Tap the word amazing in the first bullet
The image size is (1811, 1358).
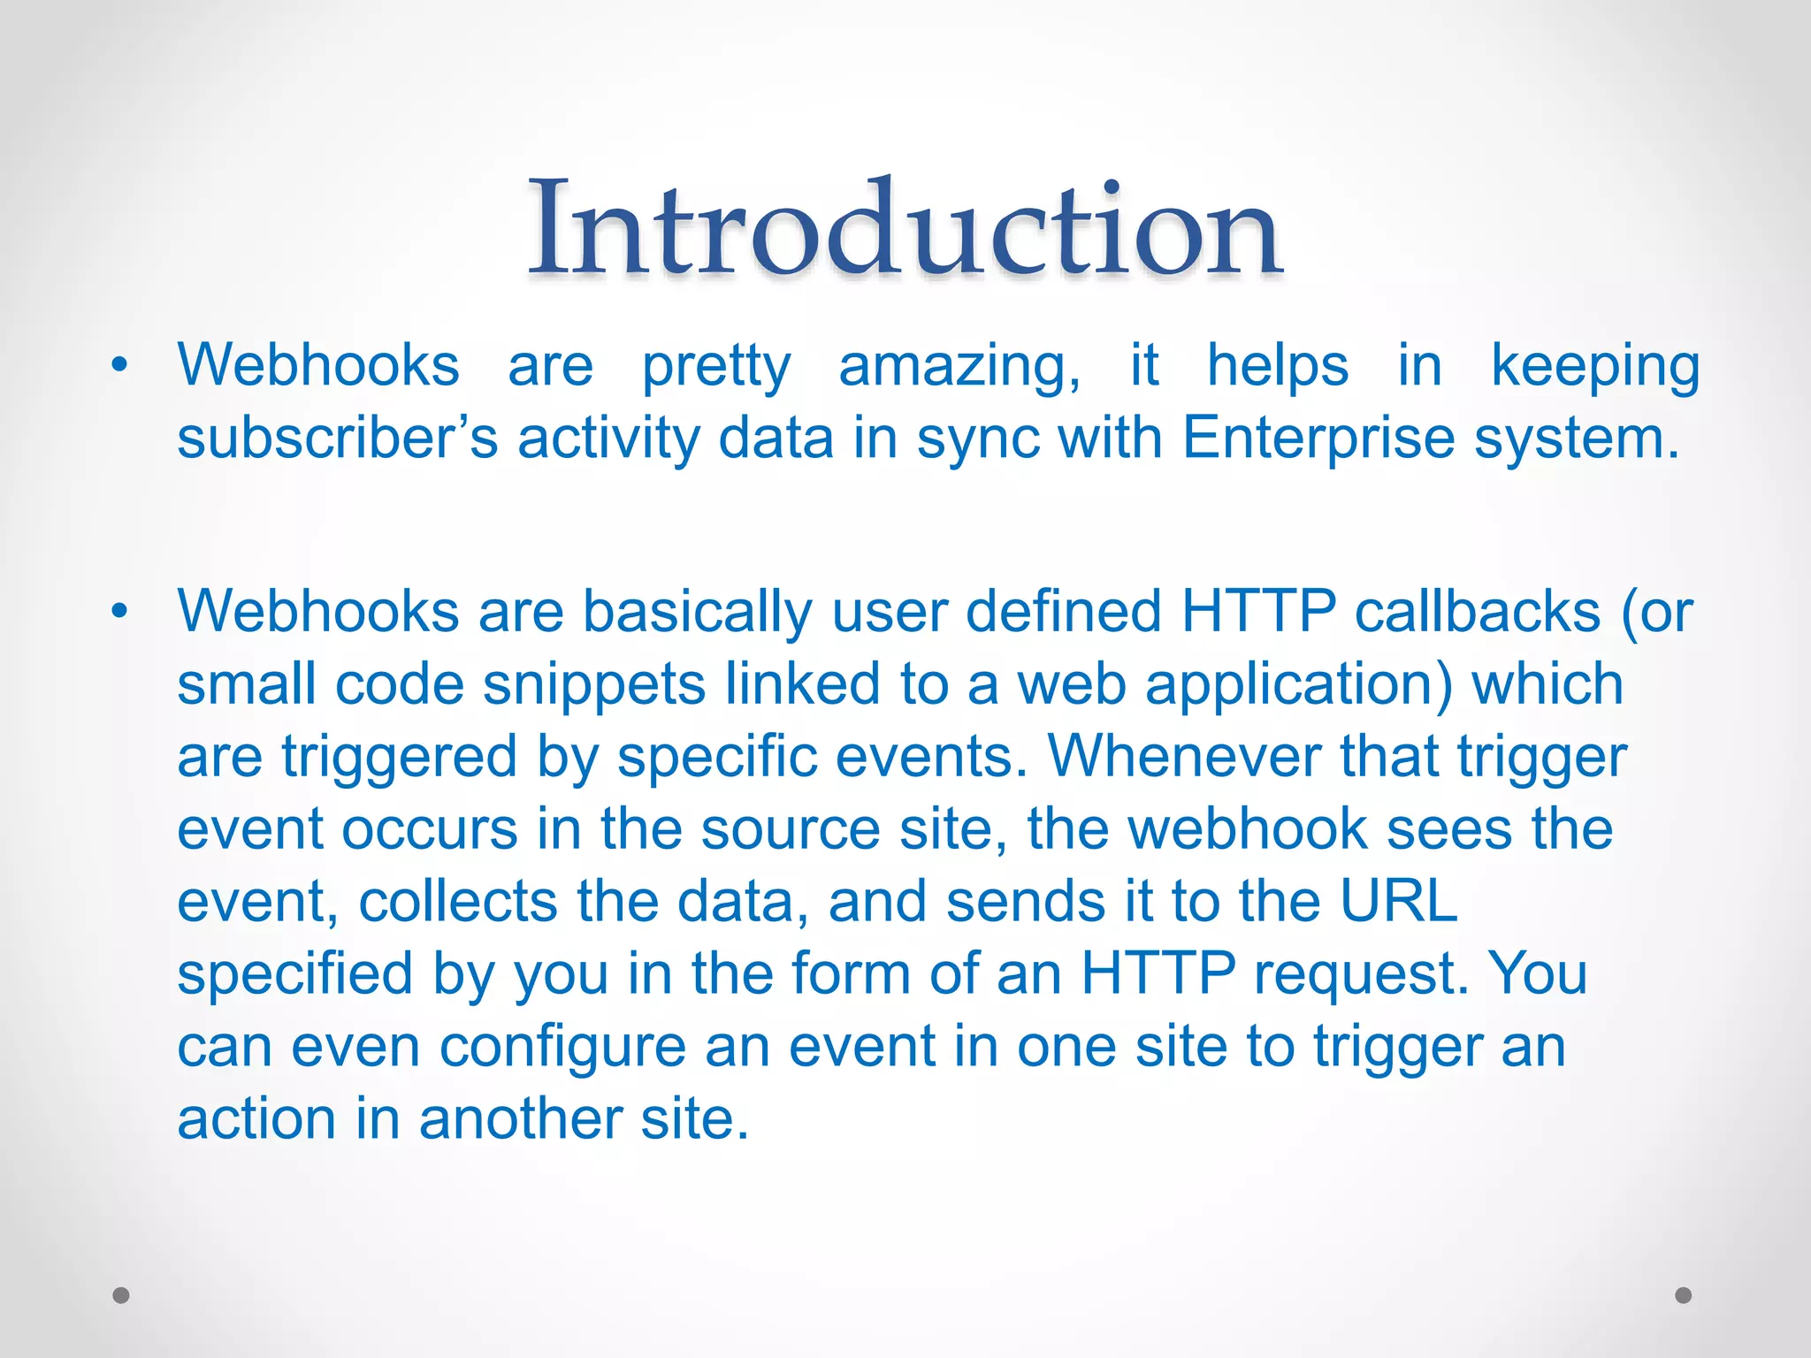(x=959, y=366)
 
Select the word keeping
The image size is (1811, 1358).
(x=1594, y=366)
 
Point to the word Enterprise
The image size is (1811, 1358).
(x=1317, y=439)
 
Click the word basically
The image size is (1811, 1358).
(x=697, y=612)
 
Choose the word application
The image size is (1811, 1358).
(x=1298, y=685)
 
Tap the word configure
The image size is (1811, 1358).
(x=562, y=1047)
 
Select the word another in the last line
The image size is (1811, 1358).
(x=519, y=1118)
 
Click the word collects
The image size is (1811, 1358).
(x=458, y=901)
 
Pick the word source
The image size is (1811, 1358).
(x=791, y=829)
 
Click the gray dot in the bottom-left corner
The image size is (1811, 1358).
(x=121, y=1295)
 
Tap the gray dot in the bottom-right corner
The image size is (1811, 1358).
(x=1684, y=1295)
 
